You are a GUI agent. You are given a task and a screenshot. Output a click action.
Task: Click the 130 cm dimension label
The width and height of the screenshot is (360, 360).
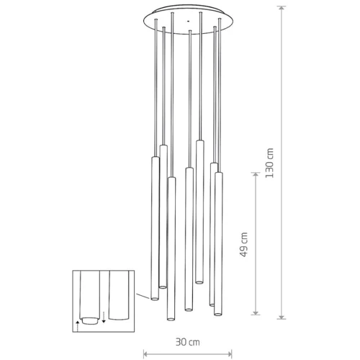pyautogui.click(x=269, y=163)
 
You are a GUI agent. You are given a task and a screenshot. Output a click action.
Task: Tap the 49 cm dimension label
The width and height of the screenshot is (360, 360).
pyautogui.click(x=244, y=245)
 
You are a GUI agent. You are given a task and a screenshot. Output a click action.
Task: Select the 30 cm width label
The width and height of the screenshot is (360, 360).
pyautogui.click(x=188, y=342)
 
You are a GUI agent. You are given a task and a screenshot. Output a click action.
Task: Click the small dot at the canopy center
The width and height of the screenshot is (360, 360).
pyautogui.click(x=188, y=22)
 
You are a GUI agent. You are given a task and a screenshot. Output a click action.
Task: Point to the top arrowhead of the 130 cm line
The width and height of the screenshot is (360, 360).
pyautogui.click(x=282, y=8)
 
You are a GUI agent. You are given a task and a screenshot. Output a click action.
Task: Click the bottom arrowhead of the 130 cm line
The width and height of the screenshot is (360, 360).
pyautogui.click(x=282, y=317)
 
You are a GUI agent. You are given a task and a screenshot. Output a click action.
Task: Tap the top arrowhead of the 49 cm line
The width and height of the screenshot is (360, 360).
pyautogui.click(x=256, y=174)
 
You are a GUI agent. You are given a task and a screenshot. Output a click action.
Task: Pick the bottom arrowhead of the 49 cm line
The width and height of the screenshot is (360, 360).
pyautogui.click(x=256, y=312)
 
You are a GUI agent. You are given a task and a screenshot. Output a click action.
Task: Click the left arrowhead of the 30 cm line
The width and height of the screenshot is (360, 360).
pyautogui.click(x=145, y=354)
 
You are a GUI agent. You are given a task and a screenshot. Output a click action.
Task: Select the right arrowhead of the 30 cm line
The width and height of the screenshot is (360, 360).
pyautogui.click(x=230, y=354)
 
